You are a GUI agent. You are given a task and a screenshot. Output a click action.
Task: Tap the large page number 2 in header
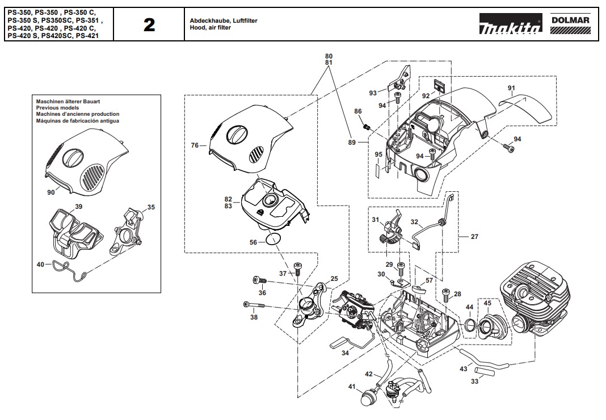[x=149, y=24]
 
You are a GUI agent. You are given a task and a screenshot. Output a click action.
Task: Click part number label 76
[x=195, y=146]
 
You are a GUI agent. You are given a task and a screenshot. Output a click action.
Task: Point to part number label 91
[x=511, y=87]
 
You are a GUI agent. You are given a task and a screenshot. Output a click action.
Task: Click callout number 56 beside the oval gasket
[x=254, y=242]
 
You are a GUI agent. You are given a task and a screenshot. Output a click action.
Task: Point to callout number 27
[x=474, y=237]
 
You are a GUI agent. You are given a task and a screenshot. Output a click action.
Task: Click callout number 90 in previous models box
[x=51, y=192]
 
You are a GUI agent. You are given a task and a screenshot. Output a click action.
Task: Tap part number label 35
[x=151, y=207]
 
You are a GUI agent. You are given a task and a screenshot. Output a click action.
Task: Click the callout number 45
[x=487, y=303]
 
